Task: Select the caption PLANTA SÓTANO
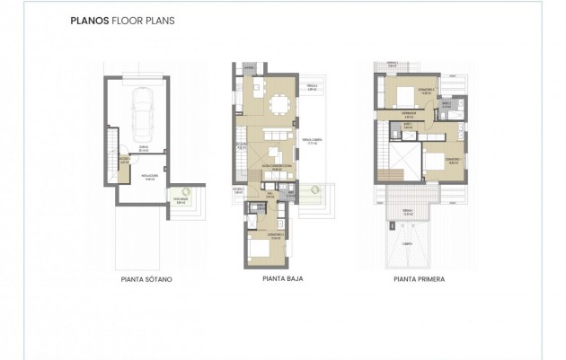click(146, 279)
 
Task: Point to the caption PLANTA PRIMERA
click(419, 279)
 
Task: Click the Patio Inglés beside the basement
click(181, 199)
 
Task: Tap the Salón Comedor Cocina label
click(271, 168)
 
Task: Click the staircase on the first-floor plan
click(387, 177)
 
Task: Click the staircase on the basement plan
click(110, 144)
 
